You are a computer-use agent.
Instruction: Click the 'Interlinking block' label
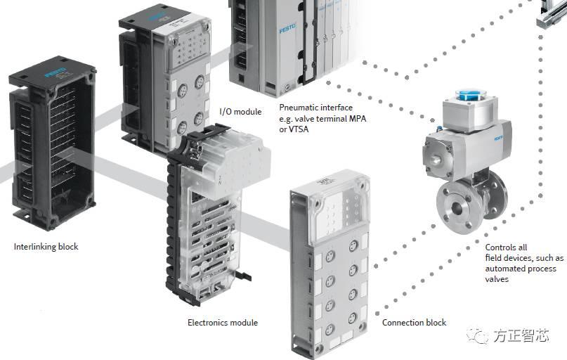(46, 247)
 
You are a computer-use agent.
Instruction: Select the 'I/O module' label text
(240, 112)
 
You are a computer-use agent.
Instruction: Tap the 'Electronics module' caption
(222, 323)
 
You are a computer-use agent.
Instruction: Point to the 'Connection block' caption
(414, 323)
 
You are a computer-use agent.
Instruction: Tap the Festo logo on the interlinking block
(56, 72)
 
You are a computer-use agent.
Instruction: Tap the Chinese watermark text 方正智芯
(520, 336)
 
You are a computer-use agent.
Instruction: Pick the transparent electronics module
(211, 211)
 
